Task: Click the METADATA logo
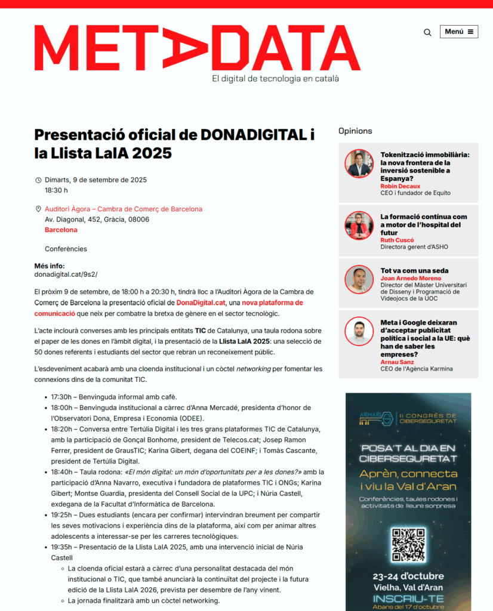[197, 48]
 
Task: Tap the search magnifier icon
[427, 32]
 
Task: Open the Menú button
[459, 32]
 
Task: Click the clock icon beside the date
[38, 180]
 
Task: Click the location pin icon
[38, 209]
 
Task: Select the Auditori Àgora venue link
[124, 209]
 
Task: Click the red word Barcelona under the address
[61, 230]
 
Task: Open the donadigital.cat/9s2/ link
[66, 274]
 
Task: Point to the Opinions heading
[355, 131]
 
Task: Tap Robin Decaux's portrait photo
[359, 163]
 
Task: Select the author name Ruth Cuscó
[398, 240]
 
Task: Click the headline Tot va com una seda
[414, 271]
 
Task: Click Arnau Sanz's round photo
[359, 332]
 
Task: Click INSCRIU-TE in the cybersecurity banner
[408, 597]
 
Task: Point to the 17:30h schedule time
[61, 397]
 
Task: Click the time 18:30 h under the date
[56, 190]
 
